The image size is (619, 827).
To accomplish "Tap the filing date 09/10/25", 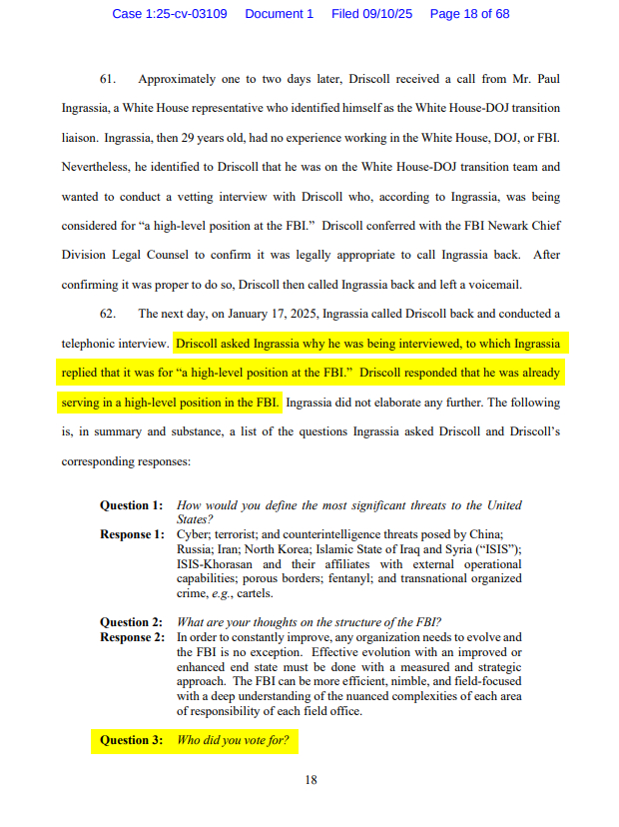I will [x=390, y=14].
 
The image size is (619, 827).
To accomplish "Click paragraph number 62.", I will [x=108, y=314].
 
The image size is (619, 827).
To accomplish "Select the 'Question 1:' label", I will [x=131, y=506].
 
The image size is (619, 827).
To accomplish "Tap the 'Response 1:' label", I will [x=132, y=534].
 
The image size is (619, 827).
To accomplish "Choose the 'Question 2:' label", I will [x=131, y=622].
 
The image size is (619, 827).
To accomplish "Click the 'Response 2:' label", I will [x=132, y=637].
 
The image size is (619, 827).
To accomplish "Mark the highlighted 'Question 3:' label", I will [x=131, y=741].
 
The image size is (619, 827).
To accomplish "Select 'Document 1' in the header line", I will [x=280, y=14].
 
